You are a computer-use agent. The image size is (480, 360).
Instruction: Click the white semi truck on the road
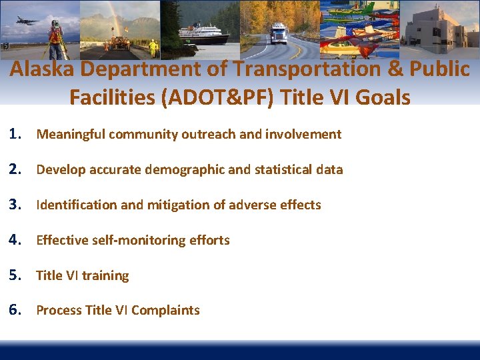[x=278, y=33]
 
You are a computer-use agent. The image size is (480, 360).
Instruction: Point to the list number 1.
[x=17, y=134]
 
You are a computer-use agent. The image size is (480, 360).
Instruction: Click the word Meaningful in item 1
[x=71, y=135]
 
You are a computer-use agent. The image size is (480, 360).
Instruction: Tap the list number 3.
[x=17, y=205]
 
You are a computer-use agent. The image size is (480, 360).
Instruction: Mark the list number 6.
[x=17, y=310]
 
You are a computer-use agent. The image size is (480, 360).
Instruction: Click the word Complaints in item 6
[x=168, y=311]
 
